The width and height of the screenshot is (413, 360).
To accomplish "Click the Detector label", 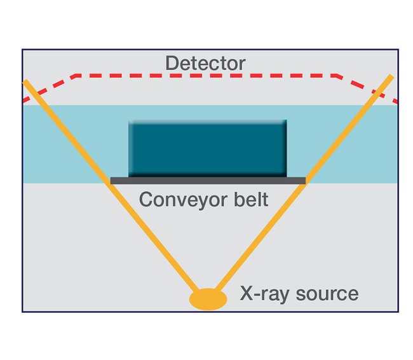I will pos(205,64).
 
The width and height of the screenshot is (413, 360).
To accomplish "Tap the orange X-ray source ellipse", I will pos(208,298).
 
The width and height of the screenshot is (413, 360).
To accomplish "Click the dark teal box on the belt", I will pos(207,148).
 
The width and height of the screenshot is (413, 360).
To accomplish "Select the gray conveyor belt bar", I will pos(208,181).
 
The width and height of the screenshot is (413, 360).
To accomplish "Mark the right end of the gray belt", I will pos(304,181).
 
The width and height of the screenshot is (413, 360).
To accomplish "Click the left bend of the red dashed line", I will pos(76,76).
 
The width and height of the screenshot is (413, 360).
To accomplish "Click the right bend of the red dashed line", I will pos(337,76).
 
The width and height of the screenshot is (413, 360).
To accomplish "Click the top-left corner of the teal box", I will pos(130,121).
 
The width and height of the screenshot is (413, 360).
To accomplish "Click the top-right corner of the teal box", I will pos(285,121).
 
